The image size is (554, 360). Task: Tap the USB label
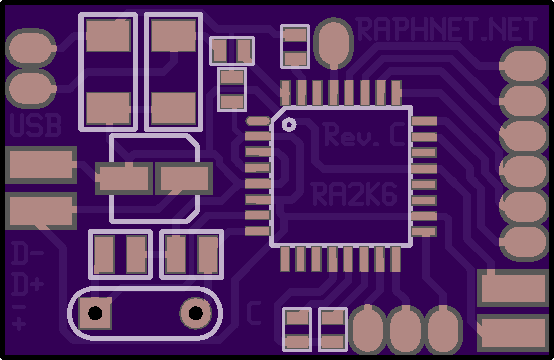(x=36, y=125)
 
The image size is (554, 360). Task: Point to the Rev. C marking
(x=364, y=134)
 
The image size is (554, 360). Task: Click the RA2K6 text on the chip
(x=354, y=194)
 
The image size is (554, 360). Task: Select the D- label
(x=27, y=253)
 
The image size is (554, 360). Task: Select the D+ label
(x=27, y=284)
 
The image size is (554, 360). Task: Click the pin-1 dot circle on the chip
(x=289, y=124)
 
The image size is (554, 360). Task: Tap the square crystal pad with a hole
(x=95, y=313)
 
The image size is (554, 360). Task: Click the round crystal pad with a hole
(x=196, y=313)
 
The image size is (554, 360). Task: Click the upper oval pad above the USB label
(x=31, y=48)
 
